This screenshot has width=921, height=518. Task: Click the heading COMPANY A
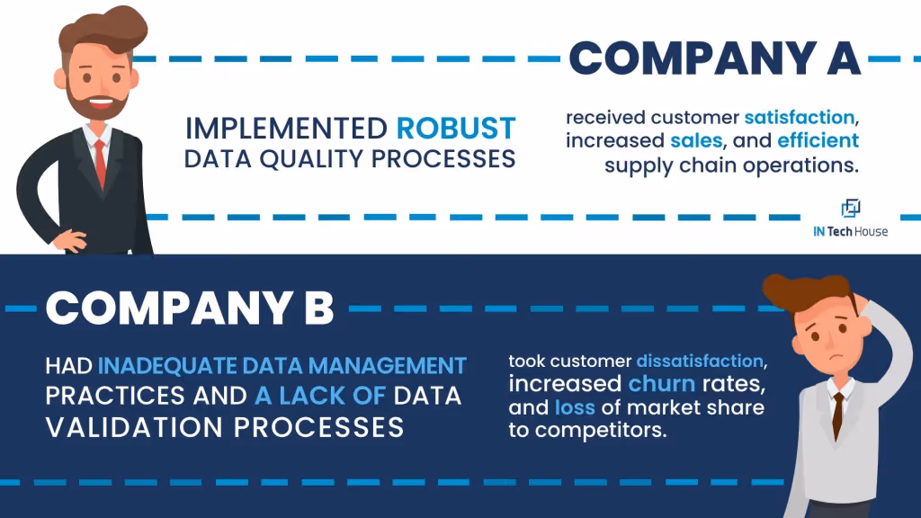(715, 58)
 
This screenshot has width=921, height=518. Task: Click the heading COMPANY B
(190, 308)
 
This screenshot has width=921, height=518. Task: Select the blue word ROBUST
(457, 128)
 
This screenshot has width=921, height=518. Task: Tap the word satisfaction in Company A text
(800, 118)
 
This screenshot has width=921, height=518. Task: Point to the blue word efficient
(818, 141)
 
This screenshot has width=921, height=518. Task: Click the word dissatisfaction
(701, 362)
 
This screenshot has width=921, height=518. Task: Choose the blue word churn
(661, 384)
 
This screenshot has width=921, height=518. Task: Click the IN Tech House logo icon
(850, 209)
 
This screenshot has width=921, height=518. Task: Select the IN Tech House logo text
(850, 232)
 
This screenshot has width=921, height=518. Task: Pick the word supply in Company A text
(633, 165)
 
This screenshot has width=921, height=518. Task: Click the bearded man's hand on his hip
(65, 242)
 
